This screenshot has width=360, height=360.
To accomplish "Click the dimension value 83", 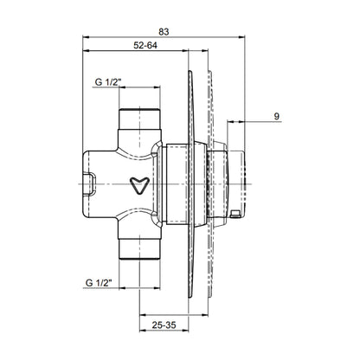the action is tap(164, 32).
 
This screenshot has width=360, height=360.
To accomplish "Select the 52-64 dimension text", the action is tap(145, 45).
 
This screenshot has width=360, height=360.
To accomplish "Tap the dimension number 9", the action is tap(277, 117).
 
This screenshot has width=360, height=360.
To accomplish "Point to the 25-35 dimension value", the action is tap(164, 325).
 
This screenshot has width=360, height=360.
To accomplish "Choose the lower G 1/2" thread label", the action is tap(99, 283).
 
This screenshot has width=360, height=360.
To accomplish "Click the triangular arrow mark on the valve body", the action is tap(139, 185).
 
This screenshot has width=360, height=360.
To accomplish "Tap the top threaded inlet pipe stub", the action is tap(139, 119).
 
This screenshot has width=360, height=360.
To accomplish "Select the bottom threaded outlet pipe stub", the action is tap(139, 249).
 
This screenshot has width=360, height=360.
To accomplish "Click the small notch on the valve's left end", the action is tap(90, 183).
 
